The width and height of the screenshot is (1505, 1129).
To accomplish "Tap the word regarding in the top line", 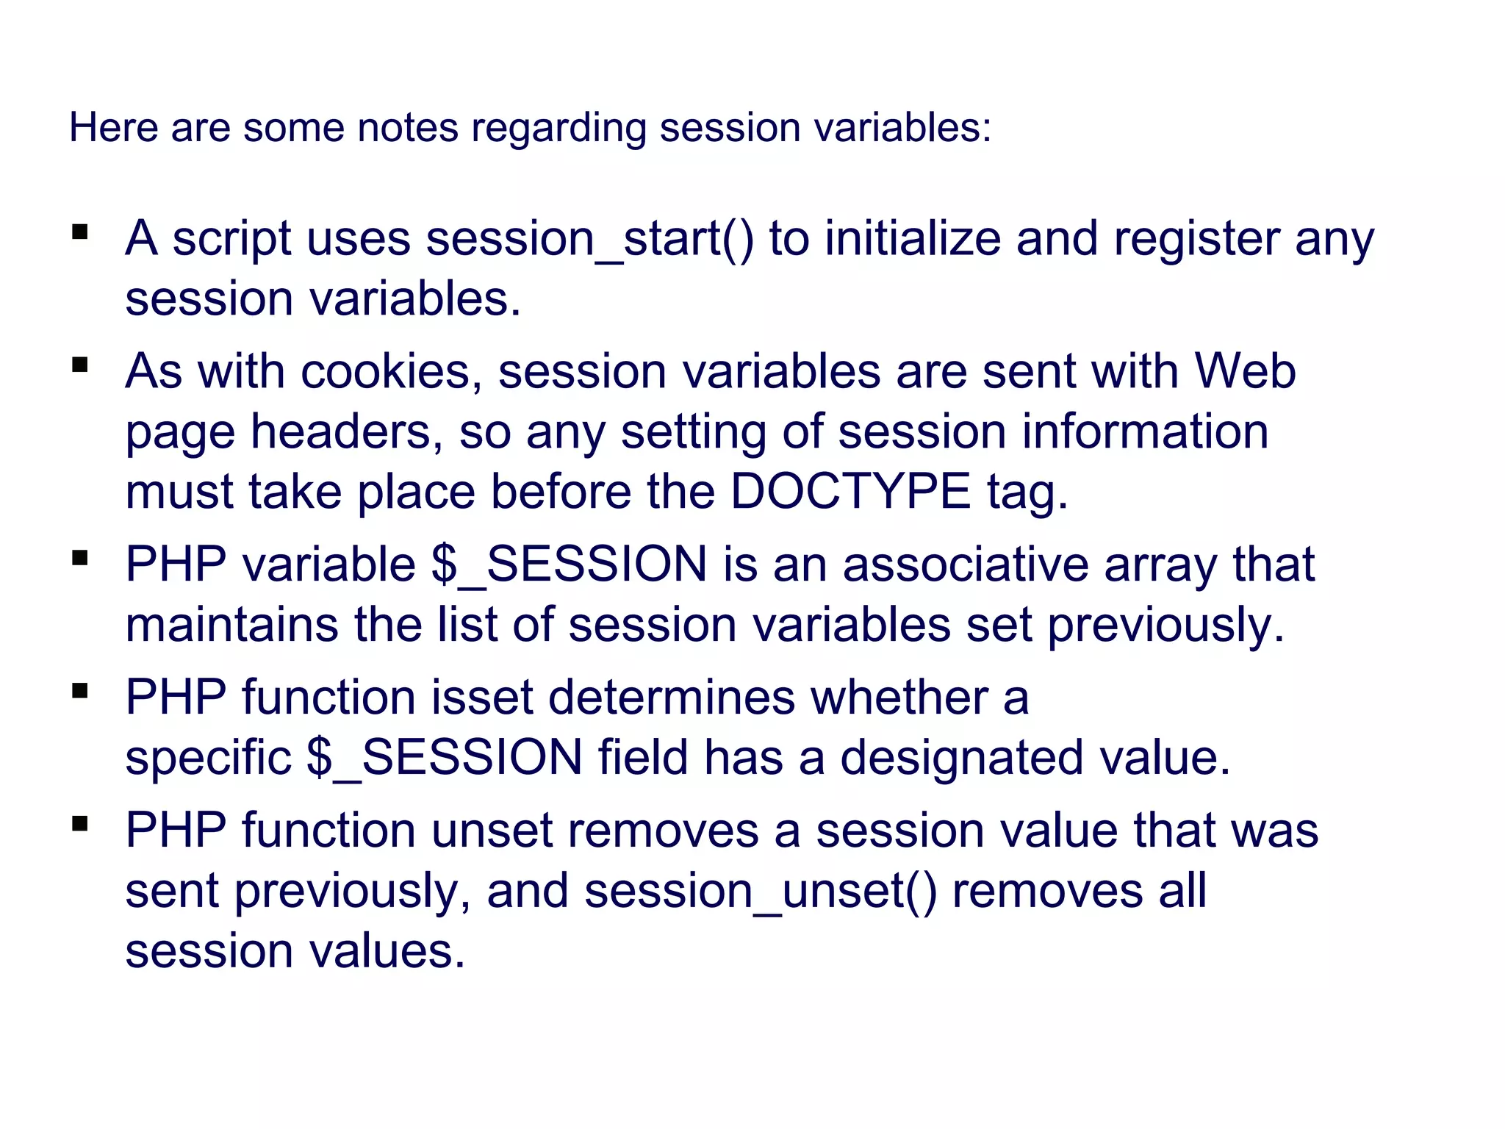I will pyautogui.click(x=558, y=129).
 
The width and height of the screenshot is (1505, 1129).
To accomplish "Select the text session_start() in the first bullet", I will pyautogui.click(x=590, y=240).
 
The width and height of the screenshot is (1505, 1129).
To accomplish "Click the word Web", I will pyautogui.click(x=1245, y=370).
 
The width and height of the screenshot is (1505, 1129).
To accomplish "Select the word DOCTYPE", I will pyautogui.click(x=850, y=491).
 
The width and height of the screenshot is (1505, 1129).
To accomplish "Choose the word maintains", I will pyautogui.click(x=232, y=625).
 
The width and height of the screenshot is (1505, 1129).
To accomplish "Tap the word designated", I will pyautogui.click(x=961, y=759).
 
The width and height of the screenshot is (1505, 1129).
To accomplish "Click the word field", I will pyautogui.click(x=643, y=757).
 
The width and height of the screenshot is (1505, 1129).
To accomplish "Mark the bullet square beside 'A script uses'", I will pyautogui.click(x=80, y=233).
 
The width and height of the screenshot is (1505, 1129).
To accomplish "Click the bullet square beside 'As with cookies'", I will pyautogui.click(x=80, y=365).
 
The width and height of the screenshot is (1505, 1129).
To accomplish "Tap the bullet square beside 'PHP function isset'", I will pyautogui.click(x=80, y=691).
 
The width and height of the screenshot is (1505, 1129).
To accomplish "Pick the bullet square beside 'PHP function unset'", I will pyautogui.click(x=80, y=823).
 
